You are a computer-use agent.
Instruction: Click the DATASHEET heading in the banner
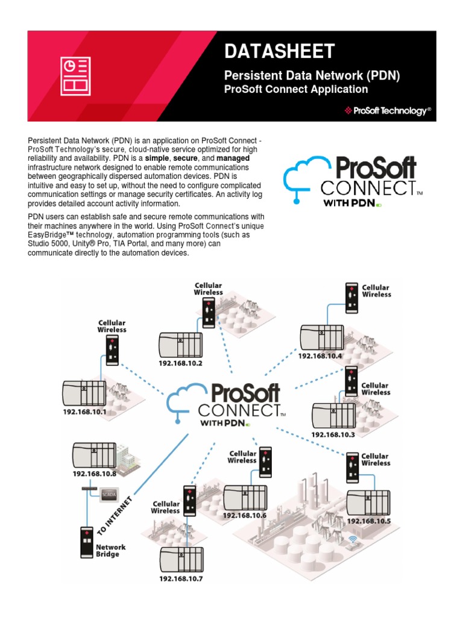pyautogui.click(x=279, y=52)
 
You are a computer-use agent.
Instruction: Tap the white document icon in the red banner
pyautogui.click(x=75, y=76)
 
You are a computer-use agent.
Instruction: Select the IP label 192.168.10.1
pyautogui.click(x=84, y=412)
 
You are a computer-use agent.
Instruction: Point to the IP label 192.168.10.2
pyautogui.click(x=180, y=363)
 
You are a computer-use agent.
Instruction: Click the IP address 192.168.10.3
pyautogui.click(x=333, y=434)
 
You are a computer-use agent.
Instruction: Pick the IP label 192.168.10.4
pyautogui.click(x=320, y=355)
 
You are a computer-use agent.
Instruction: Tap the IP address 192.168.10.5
pyautogui.click(x=369, y=521)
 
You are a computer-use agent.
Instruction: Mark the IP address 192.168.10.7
pyautogui.click(x=181, y=579)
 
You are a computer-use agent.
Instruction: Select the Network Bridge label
pyautogui.click(x=112, y=551)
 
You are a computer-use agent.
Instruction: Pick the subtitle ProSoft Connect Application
pyautogui.click(x=296, y=89)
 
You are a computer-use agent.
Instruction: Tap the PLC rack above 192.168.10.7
pyautogui.click(x=181, y=559)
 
